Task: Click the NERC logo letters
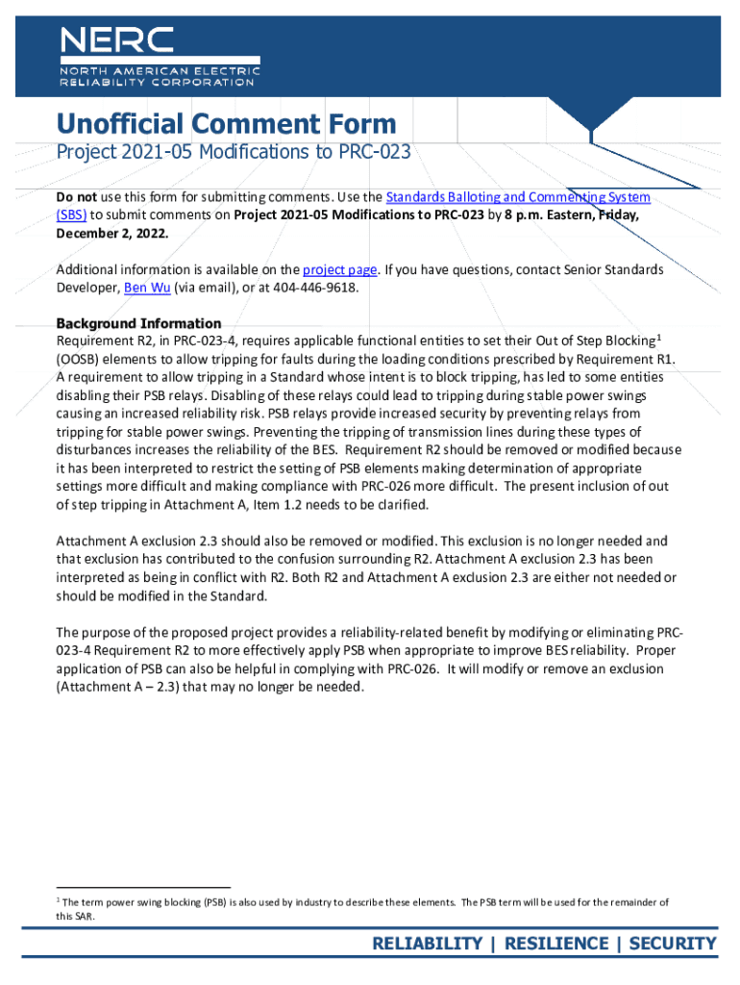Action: (117, 39)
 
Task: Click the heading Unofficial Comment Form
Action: (226, 124)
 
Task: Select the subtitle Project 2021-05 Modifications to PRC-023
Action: (234, 153)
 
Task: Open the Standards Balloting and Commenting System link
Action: (518, 197)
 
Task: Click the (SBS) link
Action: (71, 215)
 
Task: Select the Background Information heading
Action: (138, 323)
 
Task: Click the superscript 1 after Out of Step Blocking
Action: (658, 337)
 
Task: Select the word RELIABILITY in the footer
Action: (428, 943)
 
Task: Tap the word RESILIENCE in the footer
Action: (557, 943)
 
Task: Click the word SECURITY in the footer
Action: (673, 943)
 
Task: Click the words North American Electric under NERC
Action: (159, 70)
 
